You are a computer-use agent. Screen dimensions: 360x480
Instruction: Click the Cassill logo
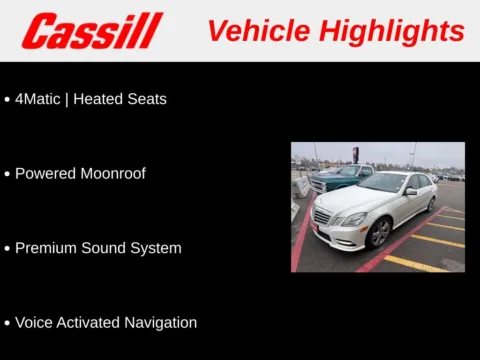[92, 31]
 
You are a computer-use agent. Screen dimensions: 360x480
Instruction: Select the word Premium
[46, 248]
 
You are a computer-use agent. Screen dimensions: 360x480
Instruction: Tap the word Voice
[34, 322]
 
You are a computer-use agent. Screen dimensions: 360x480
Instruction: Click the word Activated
[88, 322]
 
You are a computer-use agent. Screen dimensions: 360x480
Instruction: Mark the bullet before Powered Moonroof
[7, 174]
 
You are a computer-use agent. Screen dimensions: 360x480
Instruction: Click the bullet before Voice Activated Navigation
[7, 323]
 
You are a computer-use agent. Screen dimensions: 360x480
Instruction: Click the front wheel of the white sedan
[379, 233]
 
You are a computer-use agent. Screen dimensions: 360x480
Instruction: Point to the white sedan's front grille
[322, 216]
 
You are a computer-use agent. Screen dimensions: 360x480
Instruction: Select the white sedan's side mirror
[410, 191]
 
